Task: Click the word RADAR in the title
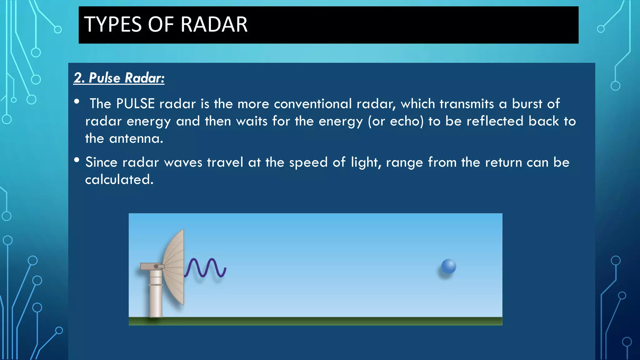tap(214, 24)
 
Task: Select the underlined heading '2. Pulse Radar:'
tap(119, 78)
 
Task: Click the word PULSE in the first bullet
tap(135, 104)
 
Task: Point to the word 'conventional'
tap(313, 104)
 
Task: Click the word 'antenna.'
tap(136, 138)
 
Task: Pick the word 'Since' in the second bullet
tap(101, 162)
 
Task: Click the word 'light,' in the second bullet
tap(366, 162)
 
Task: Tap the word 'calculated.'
tap(119, 180)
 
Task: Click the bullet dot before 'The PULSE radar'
tap(77, 102)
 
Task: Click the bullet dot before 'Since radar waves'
tap(77, 160)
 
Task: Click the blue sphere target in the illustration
tap(448, 266)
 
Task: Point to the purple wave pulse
tap(205, 267)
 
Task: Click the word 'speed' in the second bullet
tap(308, 162)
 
